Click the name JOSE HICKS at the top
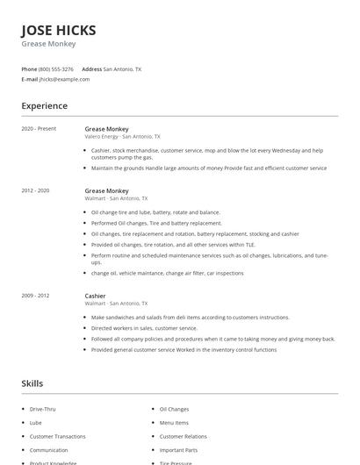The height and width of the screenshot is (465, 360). point(59,30)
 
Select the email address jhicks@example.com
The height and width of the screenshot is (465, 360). point(64,79)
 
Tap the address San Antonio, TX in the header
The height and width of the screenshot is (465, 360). point(122,68)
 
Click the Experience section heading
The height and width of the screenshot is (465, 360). point(45,106)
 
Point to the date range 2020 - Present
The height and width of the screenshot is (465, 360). point(39,129)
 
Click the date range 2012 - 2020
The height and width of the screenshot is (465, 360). point(36,190)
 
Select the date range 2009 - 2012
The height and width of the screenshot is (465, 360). point(36,296)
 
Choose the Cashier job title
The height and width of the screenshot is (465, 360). point(95,296)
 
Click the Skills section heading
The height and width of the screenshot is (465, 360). point(32,383)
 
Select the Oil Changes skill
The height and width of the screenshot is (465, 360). point(174,409)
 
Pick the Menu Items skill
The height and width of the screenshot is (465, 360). point(174,422)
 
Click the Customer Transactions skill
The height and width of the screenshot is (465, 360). point(57,436)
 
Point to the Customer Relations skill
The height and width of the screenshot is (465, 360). point(183,436)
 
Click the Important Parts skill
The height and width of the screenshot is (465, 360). point(178,449)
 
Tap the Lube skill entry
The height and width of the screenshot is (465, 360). point(36,422)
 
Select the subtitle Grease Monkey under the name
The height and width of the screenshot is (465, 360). point(48,44)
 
